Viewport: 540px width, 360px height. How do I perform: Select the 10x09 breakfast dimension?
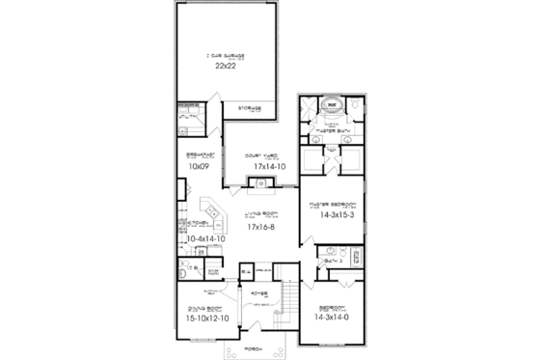(198, 166)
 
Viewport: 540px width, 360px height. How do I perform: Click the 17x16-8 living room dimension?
(262, 227)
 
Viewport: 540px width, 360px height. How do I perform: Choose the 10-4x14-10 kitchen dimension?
(203, 237)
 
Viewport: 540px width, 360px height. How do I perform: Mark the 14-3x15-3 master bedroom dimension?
(329, 216)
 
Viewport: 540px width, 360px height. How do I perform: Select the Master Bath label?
(331, 131)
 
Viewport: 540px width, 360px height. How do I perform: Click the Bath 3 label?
(333, 262)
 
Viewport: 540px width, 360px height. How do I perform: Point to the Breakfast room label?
(197, 154)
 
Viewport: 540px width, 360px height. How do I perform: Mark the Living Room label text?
(261, 214)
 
